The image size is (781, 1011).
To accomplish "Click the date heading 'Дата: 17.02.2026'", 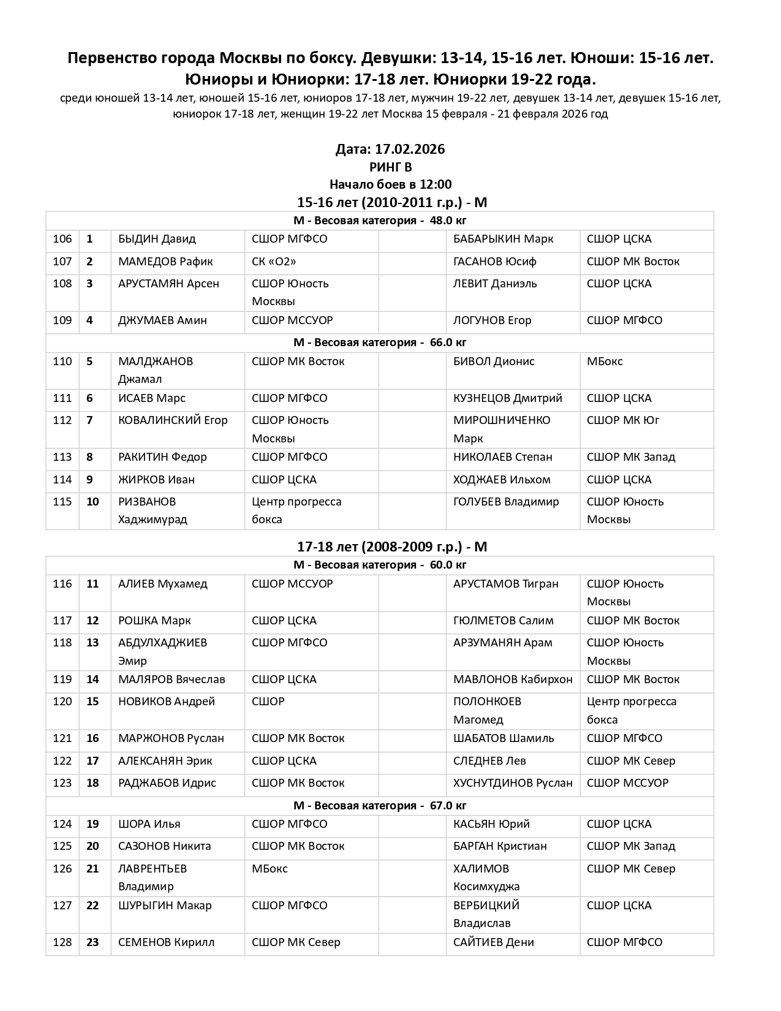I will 390,150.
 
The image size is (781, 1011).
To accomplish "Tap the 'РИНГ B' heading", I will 390,167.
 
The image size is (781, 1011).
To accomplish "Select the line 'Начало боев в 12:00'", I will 390,184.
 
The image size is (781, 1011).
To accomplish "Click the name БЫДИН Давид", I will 157,239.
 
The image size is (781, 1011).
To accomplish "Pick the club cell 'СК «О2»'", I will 274,262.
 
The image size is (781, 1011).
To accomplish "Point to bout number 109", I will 62,320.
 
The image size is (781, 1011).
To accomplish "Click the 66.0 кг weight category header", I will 380,343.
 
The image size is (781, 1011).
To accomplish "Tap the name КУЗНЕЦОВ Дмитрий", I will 507,398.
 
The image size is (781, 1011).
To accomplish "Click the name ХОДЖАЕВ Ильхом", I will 502,480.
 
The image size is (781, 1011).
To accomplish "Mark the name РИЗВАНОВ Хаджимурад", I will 153,510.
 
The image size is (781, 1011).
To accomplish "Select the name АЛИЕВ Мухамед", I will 162,584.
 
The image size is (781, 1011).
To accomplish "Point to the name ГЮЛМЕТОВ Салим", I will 503,621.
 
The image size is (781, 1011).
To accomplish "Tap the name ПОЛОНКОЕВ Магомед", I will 487,710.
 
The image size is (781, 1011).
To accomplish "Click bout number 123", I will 62,783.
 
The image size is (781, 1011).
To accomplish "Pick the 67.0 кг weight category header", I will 380,806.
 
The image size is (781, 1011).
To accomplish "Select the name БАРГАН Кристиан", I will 500,846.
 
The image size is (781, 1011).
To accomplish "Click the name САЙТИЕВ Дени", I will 493,942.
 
